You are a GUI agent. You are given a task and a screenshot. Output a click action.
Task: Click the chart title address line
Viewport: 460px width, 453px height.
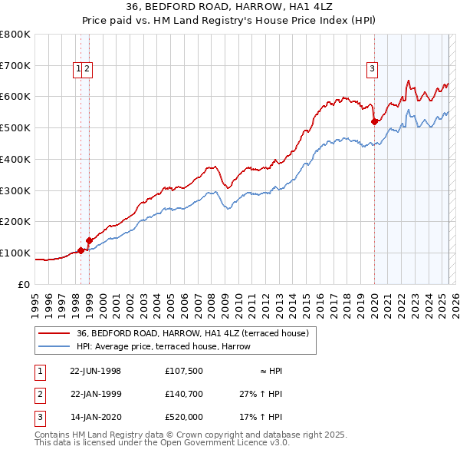pyautogui.click(x=229, y=8)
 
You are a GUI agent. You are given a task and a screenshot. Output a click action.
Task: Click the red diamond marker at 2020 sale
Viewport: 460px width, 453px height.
pyautogui.click(x=374, y=121)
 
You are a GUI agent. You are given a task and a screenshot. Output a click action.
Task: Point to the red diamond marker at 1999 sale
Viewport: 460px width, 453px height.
pyautogui.click(x=89, y=240)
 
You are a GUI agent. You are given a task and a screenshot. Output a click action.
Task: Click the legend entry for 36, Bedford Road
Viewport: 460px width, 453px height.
pyautogui.click(x=192, y=333)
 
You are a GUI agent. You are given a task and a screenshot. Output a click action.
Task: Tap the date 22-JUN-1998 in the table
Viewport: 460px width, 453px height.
pyautogui.click(x=95, y=371)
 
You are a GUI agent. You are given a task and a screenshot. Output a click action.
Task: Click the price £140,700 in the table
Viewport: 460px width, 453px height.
pyautogui.click(x=183, y=395)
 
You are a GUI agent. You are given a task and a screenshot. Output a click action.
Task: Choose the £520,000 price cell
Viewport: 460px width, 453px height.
pyautogui.click(x=183, y=418)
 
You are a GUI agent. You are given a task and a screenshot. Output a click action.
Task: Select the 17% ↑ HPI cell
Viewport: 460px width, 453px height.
pyautogui.click(x=261, y=418)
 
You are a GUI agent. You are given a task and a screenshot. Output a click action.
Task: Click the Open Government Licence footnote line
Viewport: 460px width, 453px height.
pyautogui.click(x=162, y=443)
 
